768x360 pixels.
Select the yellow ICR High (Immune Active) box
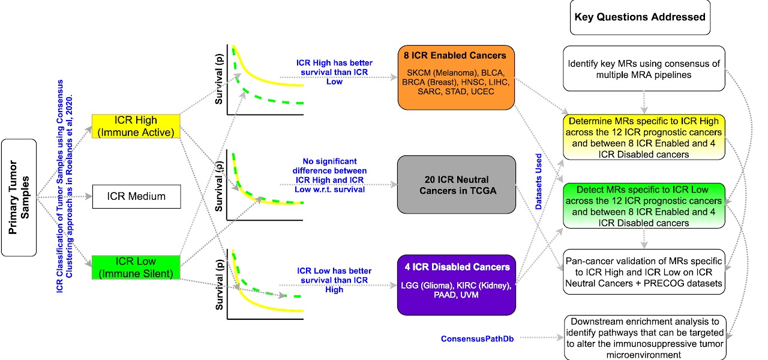136,127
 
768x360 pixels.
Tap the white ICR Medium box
136,196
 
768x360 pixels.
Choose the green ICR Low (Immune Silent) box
136,268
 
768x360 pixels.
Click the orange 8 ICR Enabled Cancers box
456,77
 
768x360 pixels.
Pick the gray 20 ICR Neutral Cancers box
456,185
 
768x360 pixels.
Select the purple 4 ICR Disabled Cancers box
456,284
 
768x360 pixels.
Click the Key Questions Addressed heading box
640,17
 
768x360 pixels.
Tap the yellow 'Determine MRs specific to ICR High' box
644,136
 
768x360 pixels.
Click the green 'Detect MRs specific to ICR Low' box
644,206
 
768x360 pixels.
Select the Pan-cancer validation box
644,272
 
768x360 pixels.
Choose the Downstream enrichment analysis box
644,338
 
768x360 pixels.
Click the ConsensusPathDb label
478,338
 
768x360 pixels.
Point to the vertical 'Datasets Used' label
539,180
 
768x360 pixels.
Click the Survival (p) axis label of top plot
220,79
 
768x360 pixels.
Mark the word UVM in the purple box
473,295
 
